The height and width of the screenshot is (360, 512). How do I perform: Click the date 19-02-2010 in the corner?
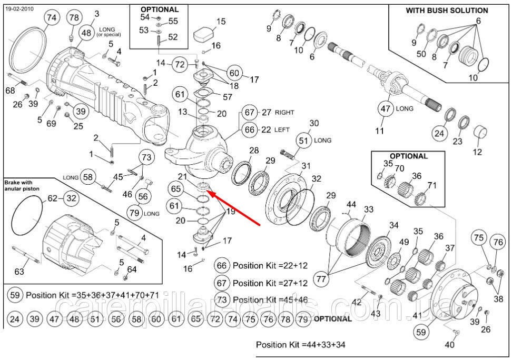[x=19, y=9]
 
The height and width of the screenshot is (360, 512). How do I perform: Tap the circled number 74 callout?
[x=52, y=17]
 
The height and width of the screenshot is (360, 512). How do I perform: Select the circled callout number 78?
[x=74, y=17]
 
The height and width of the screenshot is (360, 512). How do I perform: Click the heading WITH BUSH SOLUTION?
[x=447, y=11]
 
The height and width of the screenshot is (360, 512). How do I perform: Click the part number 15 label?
[x=221, y=21]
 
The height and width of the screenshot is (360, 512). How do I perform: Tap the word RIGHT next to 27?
[x=284, y=113]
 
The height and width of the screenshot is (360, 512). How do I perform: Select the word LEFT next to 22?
[x=282, y=130]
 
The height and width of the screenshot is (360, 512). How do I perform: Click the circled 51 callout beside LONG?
[x=304, y=141]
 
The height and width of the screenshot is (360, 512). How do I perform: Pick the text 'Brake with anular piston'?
[x=22, y=185]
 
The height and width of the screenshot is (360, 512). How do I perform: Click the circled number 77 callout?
[x=321, y=279]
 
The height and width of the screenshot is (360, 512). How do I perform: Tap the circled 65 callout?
[x=176, y=188]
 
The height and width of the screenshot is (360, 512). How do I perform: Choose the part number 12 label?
[x=477, y=152]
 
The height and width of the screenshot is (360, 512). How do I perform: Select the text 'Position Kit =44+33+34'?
[x=300, y=345]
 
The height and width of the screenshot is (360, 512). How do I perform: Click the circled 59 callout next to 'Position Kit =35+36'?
[x=15, y=295]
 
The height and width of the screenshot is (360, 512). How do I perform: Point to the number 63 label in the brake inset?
[x=19, y=271]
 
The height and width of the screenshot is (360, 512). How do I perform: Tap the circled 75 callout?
[x=478, y=237]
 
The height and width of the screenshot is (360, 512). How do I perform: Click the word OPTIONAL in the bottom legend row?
[x=333, y=319]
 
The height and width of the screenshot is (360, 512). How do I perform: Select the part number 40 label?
[x=450, y=345]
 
